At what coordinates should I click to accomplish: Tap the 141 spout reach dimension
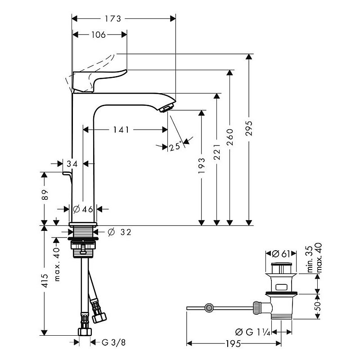(x=121, y=130)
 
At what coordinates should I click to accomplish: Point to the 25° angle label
(x=176, y=146)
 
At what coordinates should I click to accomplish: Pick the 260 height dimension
(x=230, y=135)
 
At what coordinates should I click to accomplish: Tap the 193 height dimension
(x=202, y=166)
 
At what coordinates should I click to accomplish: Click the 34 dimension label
(x=72, y=164)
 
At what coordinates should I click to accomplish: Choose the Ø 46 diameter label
(x=82, y=209)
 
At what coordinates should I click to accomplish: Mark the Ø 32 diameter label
(x=121, y=232)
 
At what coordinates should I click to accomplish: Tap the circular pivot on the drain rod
(x=208, y=308)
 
